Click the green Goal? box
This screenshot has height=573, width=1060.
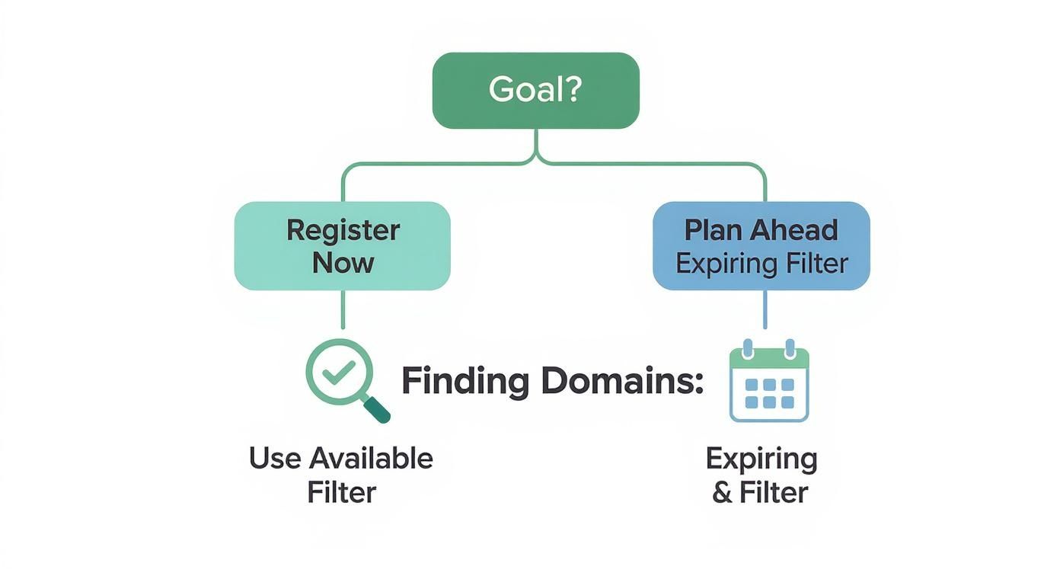[x=535, y=90]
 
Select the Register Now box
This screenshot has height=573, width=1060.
[x=342, y=245]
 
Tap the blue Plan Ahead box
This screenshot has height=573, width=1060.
[x=761, y=245]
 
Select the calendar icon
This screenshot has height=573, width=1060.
[x=768, y=383]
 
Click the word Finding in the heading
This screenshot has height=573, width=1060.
[x=465, y=381]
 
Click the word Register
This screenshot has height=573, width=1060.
[x=343, y=230]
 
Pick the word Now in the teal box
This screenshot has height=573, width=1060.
[x=343, y=263]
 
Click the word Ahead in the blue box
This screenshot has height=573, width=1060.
[x=793, y=230]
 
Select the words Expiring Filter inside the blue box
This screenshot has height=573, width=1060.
[x=761, y=264]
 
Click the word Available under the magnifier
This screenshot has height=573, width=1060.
[x=372, y=459]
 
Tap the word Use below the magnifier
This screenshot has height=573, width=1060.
[x=275, y=459]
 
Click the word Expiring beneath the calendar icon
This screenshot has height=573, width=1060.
[x=761, y=459]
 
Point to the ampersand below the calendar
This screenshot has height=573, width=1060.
[x=723, y=492]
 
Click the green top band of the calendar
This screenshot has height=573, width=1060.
[x=768, y=356]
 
